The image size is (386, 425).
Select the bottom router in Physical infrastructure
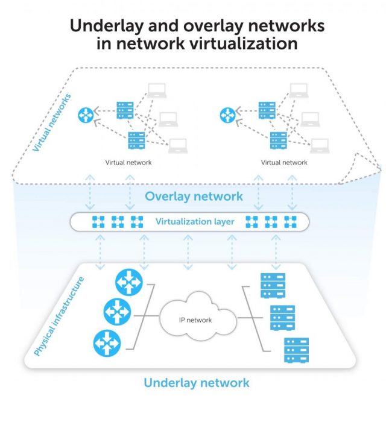point(106,344)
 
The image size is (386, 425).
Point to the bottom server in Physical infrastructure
point(296,350)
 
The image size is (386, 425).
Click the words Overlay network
point(194,196)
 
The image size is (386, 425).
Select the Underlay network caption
point(197,383)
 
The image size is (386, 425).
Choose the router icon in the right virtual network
point(228,114)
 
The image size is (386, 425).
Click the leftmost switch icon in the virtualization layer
point(98,222)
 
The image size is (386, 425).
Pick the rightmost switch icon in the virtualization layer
point(291,222)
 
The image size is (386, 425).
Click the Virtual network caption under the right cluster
point(284,163)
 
